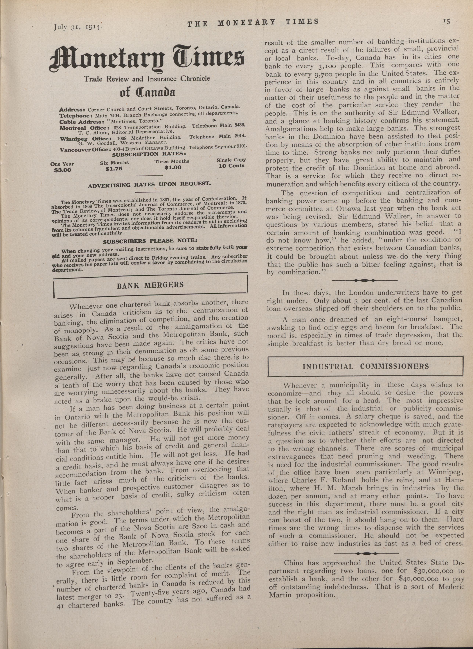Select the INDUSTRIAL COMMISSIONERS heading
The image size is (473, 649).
pos(366,366)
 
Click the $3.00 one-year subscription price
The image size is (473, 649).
pos(62,170)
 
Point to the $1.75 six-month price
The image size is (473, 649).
pos(114,169)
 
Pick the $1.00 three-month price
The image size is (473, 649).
pos(173,167)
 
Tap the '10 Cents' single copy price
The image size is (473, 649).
pos(231,165)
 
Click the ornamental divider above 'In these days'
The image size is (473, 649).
pos(364,280)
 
